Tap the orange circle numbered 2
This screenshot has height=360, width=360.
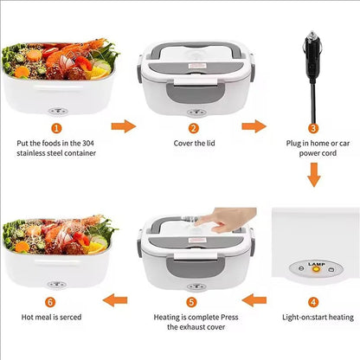[194, 129]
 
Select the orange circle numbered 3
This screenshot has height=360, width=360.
[313, 129]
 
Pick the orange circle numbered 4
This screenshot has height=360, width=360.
[313, 302]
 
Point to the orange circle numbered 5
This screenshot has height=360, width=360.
[191, 302]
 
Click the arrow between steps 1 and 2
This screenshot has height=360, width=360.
[125, 126]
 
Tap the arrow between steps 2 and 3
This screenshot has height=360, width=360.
[253, 126]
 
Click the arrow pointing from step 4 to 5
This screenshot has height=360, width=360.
[253, 300]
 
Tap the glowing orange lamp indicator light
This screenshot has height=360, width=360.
[317, 269]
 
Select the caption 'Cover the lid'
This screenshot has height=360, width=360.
[194, 145]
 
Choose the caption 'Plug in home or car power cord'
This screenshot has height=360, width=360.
[313, 150]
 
